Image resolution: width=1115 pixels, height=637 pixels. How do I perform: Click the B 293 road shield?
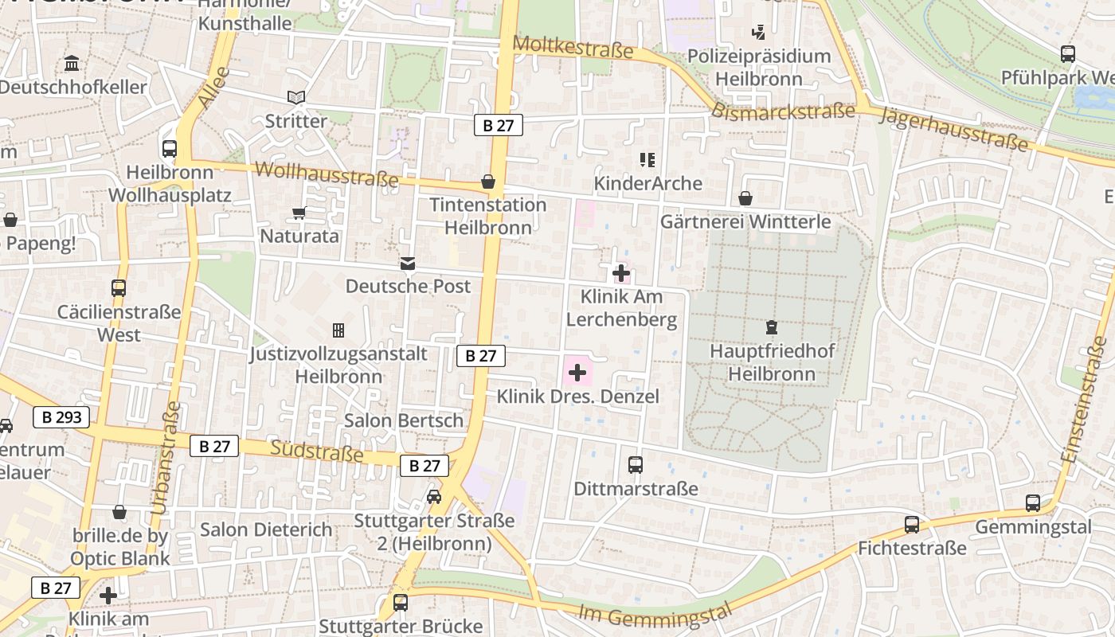[x=61, y=416]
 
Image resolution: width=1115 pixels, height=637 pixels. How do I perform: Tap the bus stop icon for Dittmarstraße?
[x=635, y=465]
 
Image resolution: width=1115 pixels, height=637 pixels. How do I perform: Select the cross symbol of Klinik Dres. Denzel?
[x=577, y=373]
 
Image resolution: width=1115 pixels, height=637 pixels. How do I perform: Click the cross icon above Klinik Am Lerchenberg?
[x=621, y=274]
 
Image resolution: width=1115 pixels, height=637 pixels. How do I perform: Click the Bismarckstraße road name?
[x=783, y=111]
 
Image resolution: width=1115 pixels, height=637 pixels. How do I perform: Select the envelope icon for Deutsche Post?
[x=408, y=263]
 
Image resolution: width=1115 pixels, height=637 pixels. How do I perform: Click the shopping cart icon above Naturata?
[x=299, y=213]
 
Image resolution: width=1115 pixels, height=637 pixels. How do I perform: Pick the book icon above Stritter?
[x=296, y=97]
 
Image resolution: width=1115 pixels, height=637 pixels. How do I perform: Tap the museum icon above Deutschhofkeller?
[x=72, y=64]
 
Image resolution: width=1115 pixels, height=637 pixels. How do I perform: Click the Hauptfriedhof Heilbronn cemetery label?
[x=773, y=362]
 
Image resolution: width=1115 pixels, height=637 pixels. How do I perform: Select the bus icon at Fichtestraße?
[x=912, y=525]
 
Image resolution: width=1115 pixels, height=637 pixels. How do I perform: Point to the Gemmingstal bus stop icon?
[x=1033, y=503]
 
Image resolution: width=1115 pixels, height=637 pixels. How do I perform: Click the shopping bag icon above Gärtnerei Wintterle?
[x=745, y=197]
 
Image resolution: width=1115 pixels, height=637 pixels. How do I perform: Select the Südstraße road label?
[x=317, y=451]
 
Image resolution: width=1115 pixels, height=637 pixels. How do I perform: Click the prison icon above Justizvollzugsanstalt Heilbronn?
[x=338, y=330]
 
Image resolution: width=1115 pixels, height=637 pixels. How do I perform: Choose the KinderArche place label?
[x=647, y=183]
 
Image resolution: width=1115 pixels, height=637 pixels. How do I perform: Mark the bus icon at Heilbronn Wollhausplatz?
[x=170, y=148]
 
